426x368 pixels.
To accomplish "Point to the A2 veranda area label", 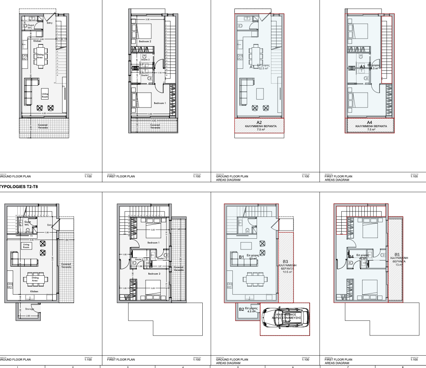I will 259,123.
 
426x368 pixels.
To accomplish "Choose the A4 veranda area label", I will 369,123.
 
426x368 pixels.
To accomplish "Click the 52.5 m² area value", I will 263,69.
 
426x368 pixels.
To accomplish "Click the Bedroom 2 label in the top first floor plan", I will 145,42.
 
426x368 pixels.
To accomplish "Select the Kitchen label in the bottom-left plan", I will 34,291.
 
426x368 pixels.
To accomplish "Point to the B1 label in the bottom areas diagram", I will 242,257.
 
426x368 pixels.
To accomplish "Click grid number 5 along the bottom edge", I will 237,366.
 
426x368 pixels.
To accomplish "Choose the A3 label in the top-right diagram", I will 363,66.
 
